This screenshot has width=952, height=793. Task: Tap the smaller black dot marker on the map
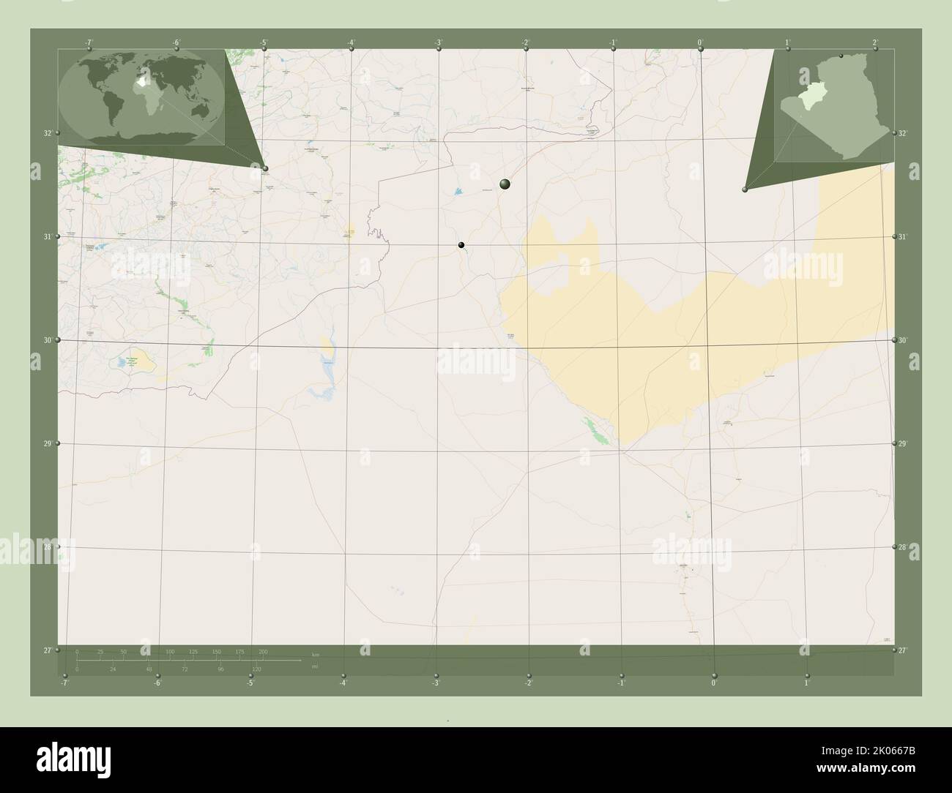click(461, 245)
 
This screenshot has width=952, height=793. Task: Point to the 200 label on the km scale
click(263, 651)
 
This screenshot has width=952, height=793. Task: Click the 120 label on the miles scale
click(256, 669)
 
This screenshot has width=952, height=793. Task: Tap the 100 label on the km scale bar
click(170, 651)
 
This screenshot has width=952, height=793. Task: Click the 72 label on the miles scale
click(185, 669)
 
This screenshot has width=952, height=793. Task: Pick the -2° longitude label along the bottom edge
click(528, 683)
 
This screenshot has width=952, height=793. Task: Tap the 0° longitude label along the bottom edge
click(713, 683)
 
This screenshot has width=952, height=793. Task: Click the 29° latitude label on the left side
click(48, 443)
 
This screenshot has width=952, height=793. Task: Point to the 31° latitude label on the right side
click(903, 236)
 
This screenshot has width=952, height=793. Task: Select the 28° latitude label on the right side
click(903, 546)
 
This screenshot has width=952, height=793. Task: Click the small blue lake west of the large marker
click(458, 192)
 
